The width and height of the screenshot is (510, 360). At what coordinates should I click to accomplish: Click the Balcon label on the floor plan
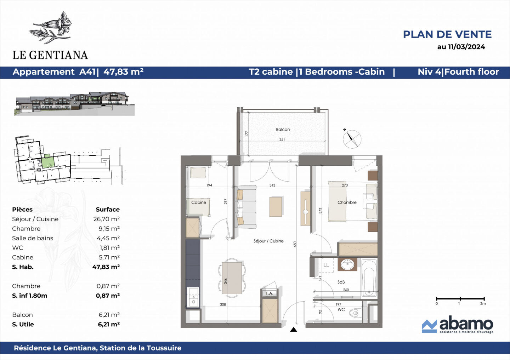[283, 130]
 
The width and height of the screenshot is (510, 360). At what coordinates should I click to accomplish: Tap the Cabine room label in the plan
[198, 202]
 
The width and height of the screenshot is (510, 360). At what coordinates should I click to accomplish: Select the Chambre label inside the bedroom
[347, 202]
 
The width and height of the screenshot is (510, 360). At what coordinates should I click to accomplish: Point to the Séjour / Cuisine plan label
[268, 241]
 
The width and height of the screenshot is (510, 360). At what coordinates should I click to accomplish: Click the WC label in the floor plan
[341, 309]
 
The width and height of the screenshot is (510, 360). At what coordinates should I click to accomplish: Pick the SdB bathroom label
[341, 282]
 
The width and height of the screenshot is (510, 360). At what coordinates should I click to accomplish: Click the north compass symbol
[352, 139]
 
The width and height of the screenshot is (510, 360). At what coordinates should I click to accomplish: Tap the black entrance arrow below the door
[294, 330]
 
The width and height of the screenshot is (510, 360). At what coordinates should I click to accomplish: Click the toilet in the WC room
[355, 313]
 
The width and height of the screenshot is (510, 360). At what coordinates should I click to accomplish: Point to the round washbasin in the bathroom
[347, 264]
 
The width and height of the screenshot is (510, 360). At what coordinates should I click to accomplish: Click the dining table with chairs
[232, 278]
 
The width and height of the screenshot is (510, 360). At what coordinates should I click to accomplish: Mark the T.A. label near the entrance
[269, 293]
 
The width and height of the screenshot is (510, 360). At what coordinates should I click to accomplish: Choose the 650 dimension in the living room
[295, 244]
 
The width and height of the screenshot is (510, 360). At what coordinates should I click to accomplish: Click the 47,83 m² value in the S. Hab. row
[106, 267]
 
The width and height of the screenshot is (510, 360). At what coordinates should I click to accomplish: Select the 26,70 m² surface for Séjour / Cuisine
[106, 219]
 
